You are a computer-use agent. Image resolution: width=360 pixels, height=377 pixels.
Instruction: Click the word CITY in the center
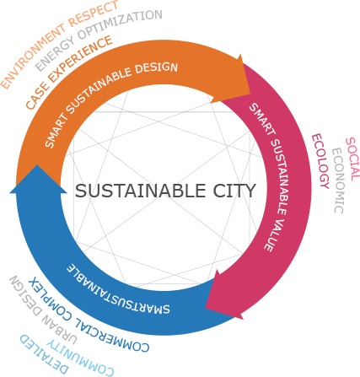(234, 191)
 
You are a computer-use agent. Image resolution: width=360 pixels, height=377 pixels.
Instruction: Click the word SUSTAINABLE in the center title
(140, 191)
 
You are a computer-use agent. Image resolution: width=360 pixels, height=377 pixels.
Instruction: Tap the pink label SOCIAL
(352, 159)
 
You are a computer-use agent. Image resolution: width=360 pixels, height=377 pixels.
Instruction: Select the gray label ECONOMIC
(338, 180)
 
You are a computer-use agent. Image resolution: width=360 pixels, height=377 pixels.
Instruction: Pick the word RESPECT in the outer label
(94, 13)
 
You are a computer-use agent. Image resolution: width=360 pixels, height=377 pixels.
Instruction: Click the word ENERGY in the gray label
(55, 54)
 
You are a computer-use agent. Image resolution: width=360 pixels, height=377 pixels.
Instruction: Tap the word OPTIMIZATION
(120, 24)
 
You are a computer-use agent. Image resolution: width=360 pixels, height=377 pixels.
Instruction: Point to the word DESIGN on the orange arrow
(156, 67)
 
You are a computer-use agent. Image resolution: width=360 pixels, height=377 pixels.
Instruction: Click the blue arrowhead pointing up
(38, 180)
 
